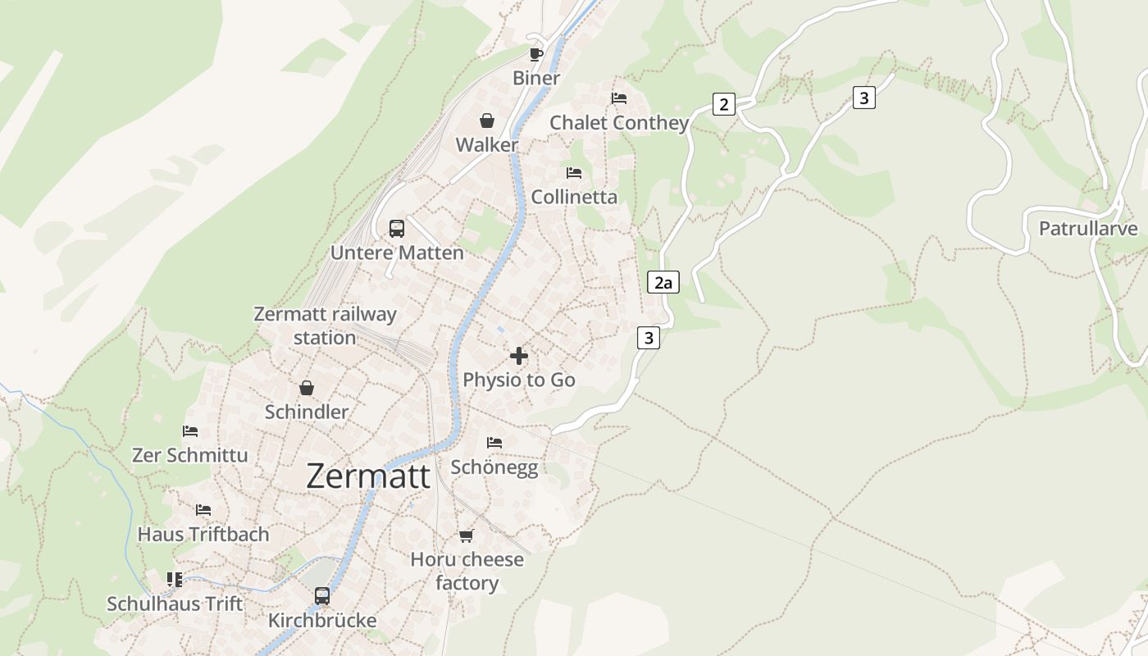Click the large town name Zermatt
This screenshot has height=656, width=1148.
coord(368,476)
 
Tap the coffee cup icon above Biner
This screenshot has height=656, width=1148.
coord(535,54)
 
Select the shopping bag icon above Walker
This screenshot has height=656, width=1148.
coord(487,121)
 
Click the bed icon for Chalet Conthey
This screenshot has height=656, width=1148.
coord(619,98)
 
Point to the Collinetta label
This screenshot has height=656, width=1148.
coord(574,197)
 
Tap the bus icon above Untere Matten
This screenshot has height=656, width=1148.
coord(397,229)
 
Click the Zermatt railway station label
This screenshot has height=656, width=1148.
coord(325,326)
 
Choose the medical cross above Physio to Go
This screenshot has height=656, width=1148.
coord(519,356)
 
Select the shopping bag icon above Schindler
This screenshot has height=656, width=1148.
coord(307,388)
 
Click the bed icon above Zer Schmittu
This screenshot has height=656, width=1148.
coord(190,431)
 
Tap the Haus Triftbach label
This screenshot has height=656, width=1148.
coord(203,535)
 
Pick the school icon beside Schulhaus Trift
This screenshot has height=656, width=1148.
coord(175,581)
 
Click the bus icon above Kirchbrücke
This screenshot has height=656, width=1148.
coord(322,596)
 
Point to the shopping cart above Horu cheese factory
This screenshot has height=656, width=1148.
coord(467,536)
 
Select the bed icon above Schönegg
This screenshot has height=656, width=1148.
coord(494,443)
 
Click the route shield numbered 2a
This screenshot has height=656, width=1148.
coord(663,283)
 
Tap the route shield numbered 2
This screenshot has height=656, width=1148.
coord(723,104)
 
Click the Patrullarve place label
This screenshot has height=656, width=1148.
coord(1088,228)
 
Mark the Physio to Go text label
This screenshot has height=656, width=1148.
coord(519,380)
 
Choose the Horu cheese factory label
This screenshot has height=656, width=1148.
coord(467,571)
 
